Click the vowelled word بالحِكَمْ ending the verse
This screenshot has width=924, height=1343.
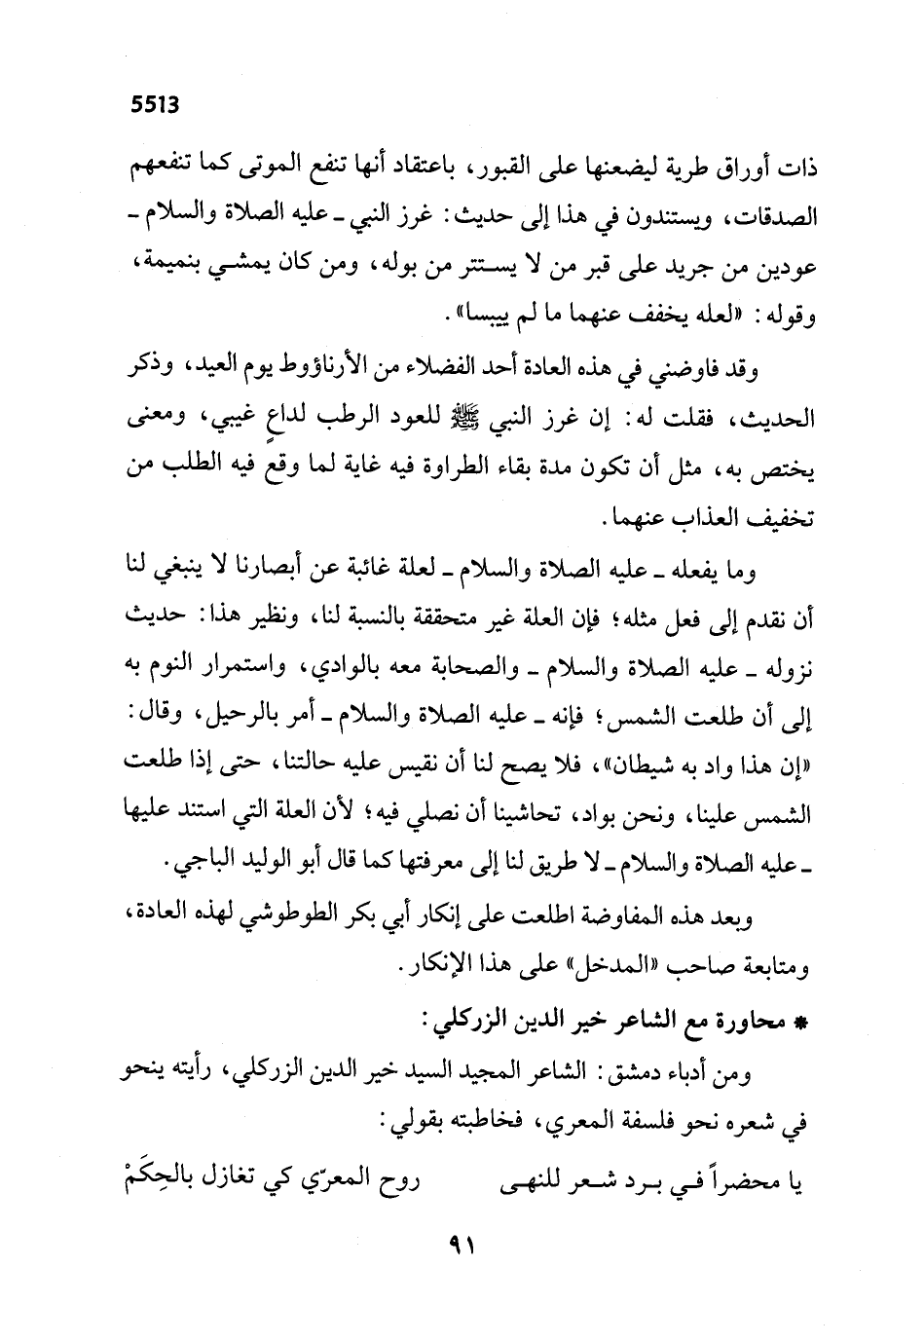click(x=154, y=1181)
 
